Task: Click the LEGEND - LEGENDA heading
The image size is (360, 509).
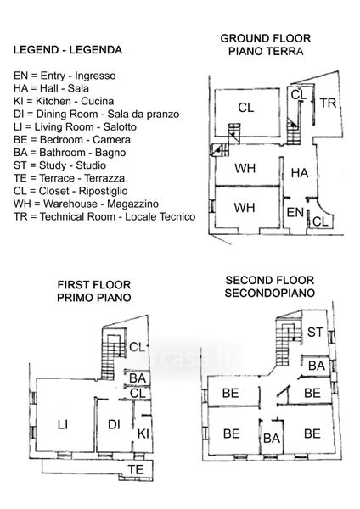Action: [x=68, y=50]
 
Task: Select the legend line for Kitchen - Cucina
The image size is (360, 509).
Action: [x=64, y=101]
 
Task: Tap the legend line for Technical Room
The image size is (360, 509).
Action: [x=104, y=216]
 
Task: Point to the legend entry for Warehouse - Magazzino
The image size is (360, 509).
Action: [x=86, y=204]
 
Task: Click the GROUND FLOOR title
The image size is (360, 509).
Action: [x=266, y=38]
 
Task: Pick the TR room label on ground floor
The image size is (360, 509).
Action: [x=328, y=103]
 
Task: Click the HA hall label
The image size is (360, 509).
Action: [x=300, y=173]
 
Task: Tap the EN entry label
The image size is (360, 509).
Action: [x=295, y=213]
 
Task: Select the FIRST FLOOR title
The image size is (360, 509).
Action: [x=94, y=285]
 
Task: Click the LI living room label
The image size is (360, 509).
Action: [x=63, y=424]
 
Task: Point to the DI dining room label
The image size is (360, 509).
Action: [x=114, y=424]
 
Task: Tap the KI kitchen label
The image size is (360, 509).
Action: [x=143, y=433]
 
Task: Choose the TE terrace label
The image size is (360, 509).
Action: [x=136, y=469]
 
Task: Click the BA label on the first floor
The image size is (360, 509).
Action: [x=138, y=378]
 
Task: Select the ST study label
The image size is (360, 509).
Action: [x=315, y=332]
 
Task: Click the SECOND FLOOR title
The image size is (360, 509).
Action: [x=270, y=280]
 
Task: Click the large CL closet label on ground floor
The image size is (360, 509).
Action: [x=246, y=108]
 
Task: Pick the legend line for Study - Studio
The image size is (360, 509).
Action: [x=59, y=165]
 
